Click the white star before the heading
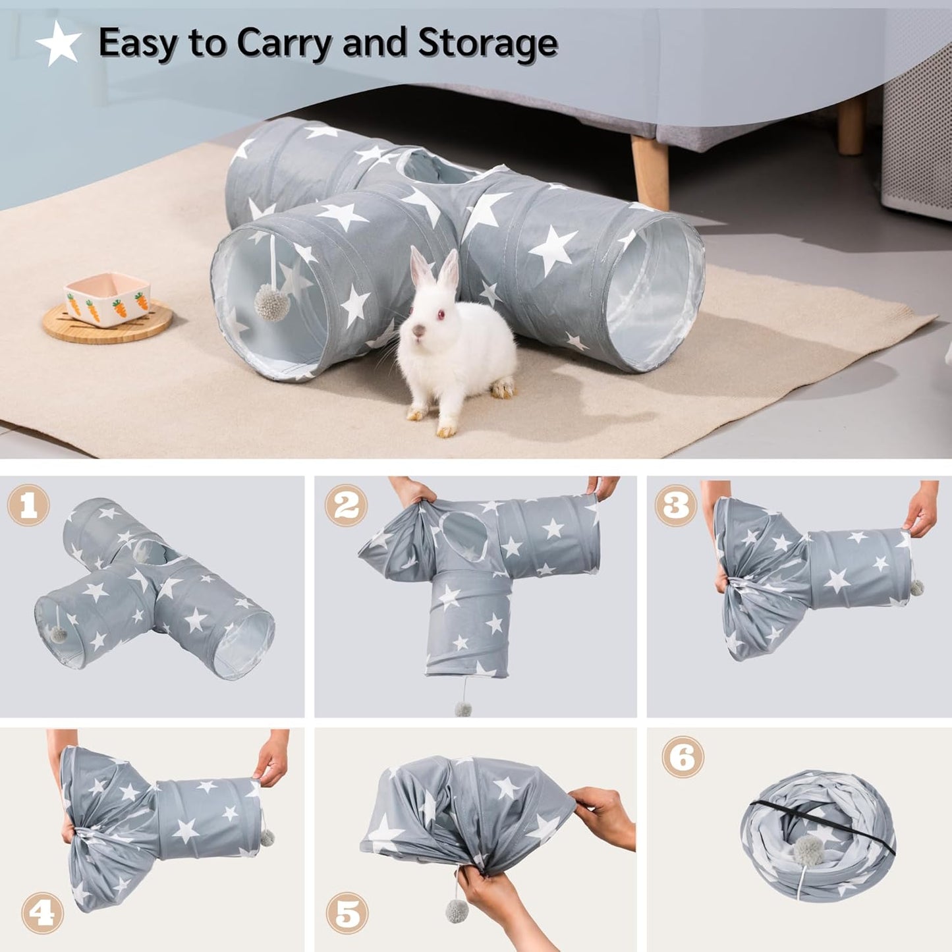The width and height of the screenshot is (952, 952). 59,43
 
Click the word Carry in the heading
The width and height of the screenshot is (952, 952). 285,43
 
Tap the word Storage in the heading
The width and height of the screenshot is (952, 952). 488,43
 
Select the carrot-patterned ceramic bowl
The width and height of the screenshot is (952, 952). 107,300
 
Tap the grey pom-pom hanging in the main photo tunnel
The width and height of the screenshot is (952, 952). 271,304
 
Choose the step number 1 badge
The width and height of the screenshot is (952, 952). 28,505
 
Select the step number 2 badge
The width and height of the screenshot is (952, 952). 345,505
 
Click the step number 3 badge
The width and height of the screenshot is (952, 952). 675,505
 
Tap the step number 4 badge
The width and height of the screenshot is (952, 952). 42,912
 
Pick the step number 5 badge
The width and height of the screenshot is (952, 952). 347,914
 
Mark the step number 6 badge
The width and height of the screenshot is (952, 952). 683,757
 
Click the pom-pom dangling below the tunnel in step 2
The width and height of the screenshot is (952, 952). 463,709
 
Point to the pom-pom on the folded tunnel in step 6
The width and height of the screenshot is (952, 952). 808,851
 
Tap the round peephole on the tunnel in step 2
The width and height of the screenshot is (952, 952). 465,534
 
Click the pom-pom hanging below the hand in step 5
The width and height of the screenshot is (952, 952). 457,910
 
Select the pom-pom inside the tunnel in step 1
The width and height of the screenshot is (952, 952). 58,635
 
